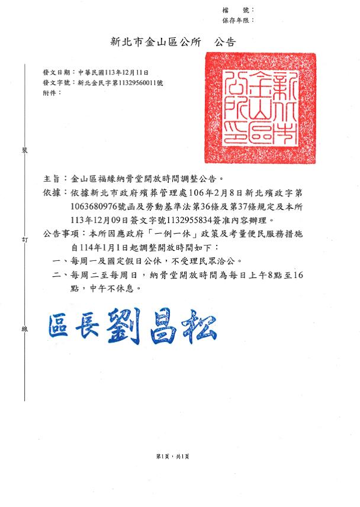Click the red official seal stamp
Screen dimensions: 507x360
(269, 108)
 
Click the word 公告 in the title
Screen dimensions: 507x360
(224, 42)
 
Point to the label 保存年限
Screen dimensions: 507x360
(237, 20)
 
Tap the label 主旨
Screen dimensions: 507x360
(52, 177)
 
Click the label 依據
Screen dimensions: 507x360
(52, 192)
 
